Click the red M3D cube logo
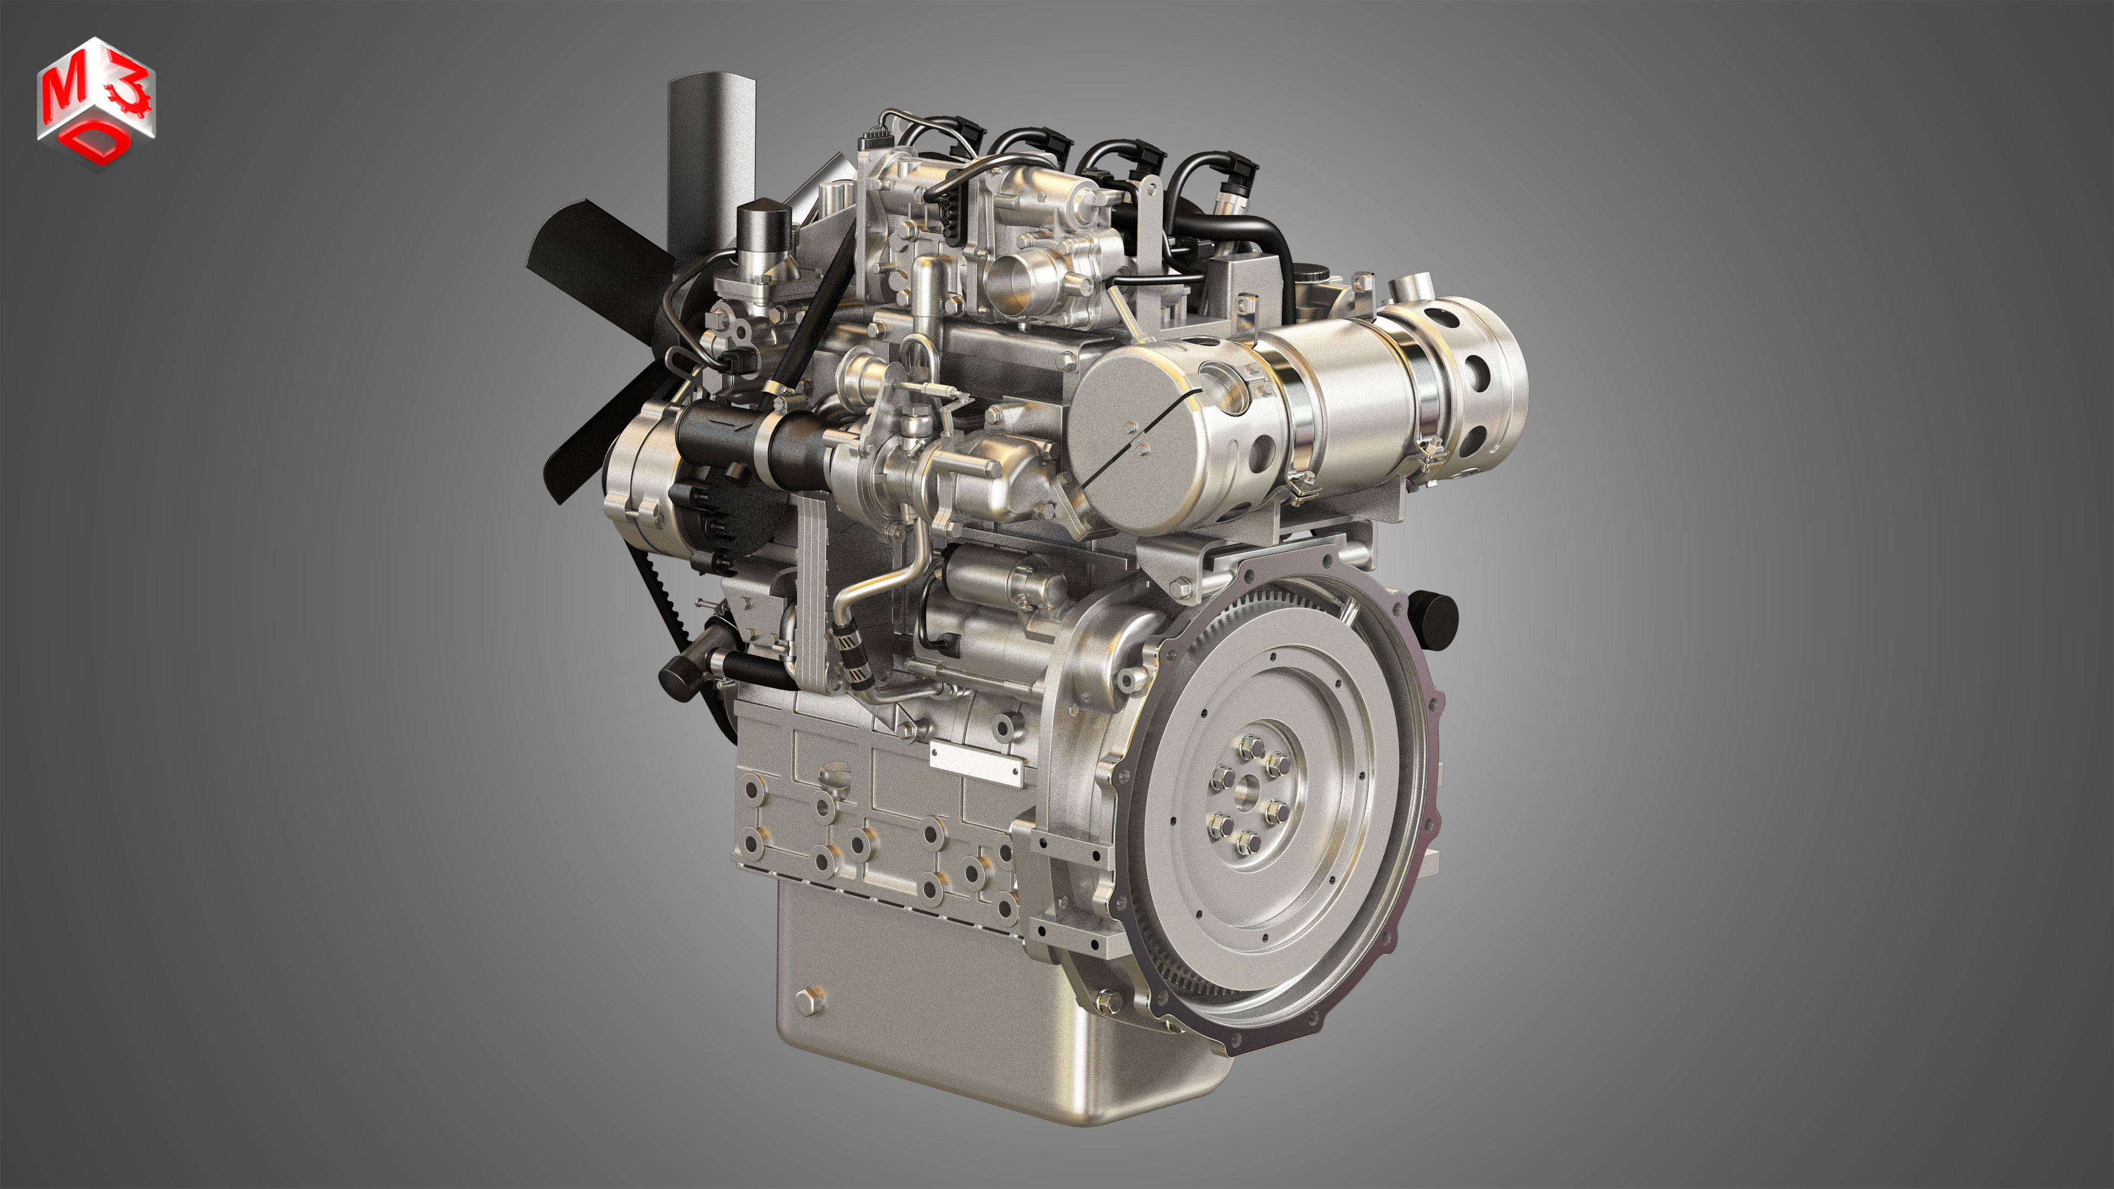(95, 102)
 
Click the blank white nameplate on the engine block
(976, 763)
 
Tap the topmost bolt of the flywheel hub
(1251, 745)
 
